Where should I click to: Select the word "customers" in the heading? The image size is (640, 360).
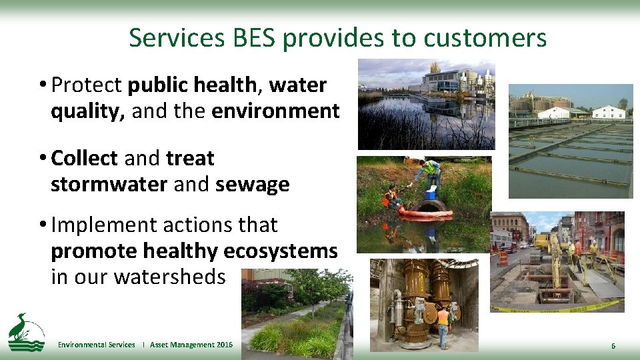click(482, 38)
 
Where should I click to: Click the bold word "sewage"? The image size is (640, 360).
click(253, 184)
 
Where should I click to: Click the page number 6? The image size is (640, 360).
click(613, 345)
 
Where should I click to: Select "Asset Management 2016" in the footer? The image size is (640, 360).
click(191, 345)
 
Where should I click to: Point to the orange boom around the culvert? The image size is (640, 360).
click(427, 213)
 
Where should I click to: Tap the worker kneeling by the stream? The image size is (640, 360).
click(393, 198)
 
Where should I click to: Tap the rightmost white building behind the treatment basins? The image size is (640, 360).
click(608, 112)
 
